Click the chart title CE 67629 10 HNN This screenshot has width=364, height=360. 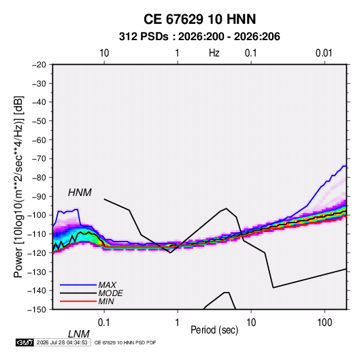[199, 19]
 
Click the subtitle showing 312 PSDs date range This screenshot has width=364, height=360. [199, 37]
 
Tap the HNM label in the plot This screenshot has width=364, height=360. [80, 193]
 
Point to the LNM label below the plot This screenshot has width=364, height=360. [79, 334]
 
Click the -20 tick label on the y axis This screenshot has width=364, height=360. [39, 65]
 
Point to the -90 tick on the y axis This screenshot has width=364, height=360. [39, 197]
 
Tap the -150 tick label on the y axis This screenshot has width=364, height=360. [37, 310]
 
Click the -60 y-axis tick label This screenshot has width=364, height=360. [39, 140]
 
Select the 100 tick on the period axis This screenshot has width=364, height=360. [325, 323]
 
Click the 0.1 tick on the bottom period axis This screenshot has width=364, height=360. [104, 323]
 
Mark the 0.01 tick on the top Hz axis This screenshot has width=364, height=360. [324, 53]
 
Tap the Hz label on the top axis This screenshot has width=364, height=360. [214, 53]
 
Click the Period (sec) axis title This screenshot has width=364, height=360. [214, 330]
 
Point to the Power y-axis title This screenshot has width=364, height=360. [18, 187]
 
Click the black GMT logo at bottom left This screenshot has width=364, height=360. [24, 342]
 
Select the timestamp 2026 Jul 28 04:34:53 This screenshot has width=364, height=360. [62, 342]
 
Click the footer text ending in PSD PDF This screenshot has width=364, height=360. [125, 342]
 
